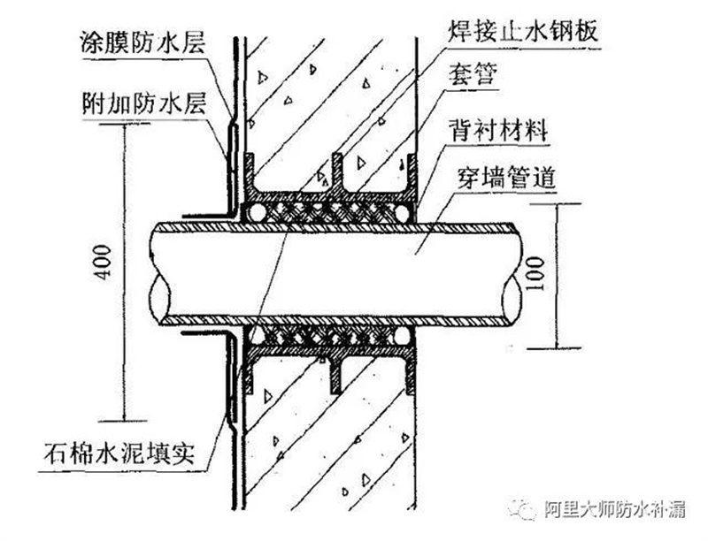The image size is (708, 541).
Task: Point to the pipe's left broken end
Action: tap(158, 270)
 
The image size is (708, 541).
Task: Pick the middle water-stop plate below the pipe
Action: tap(337, 373)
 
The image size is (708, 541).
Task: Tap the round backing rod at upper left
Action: tap(257, 212)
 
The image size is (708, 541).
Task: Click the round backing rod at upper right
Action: tap(404, 212)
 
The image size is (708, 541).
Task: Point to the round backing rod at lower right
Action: tap(404, 334)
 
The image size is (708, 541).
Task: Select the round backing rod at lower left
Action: tap(257, 334)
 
